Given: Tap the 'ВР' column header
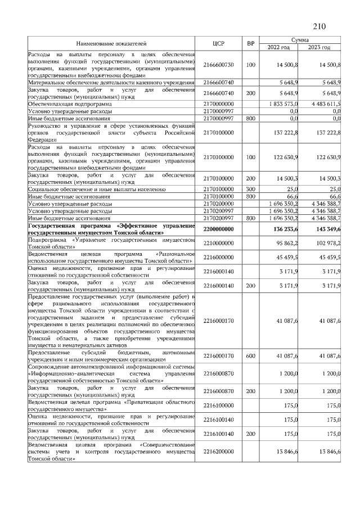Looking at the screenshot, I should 251,43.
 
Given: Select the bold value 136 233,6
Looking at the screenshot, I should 286,229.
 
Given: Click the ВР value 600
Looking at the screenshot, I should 251,356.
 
